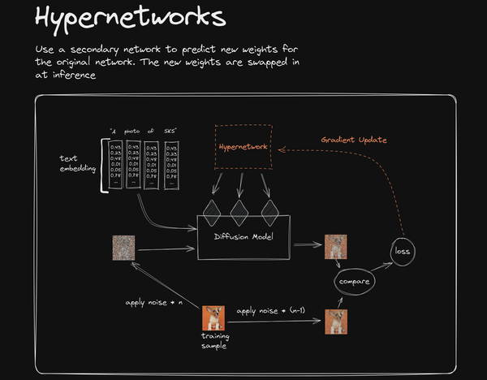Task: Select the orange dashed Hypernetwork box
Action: (244, 147)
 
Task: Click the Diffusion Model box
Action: (243, 236)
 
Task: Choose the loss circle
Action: (403, 251)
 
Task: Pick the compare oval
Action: (353, 282)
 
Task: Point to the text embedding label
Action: (78, 162)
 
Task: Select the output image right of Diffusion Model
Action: (335, 245)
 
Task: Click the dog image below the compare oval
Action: (335, 322)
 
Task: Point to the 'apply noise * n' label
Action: (154, 303)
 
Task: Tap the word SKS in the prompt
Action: (170, 131)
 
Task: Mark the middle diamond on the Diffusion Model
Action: (239, 212)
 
